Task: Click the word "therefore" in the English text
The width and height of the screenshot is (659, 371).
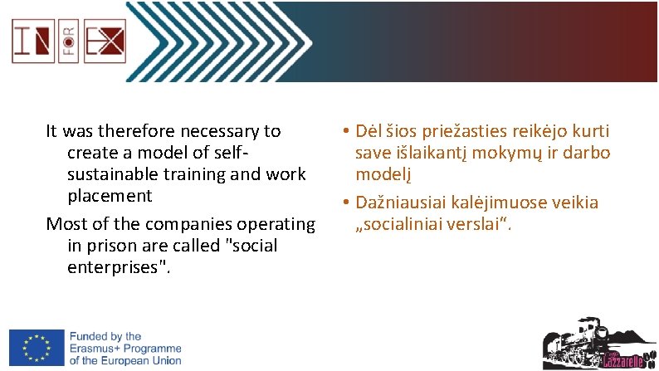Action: [x=131, y=131]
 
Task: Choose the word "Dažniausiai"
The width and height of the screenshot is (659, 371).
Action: [x=406, y=203]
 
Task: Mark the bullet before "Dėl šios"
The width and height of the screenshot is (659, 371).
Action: [x=343, y=131]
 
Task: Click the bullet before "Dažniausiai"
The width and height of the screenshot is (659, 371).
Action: [x=343, y=203]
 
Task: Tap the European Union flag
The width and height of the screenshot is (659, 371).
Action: [x=37, y=347]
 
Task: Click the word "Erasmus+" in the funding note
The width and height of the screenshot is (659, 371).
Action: [x=95, y=349]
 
